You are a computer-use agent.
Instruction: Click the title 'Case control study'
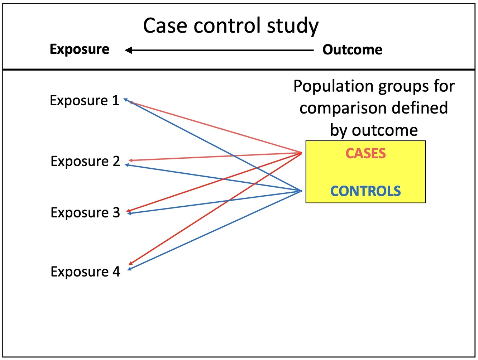[x=230, y=26]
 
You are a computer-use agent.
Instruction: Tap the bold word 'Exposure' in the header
[x=80, y=49]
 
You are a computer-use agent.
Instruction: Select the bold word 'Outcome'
[x=352, y=49]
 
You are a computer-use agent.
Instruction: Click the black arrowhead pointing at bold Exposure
[x=128, y=51]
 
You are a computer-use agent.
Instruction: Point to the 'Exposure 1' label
[x=85, y=101]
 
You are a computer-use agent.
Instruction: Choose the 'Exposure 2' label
[x=85, y=162]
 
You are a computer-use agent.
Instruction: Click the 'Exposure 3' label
[x=85, y=213]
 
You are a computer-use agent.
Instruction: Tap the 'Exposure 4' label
[x=85, y=272]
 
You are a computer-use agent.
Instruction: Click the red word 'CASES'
[x=365, y=154]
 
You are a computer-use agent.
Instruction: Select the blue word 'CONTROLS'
[x=365, y=191]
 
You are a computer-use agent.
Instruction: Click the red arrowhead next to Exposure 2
[x=131, y=160]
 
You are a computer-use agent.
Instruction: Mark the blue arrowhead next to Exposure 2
[x=127, y=165]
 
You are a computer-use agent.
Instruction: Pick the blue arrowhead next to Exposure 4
[x=129, y=269]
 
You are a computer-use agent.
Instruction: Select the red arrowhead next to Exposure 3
[x=129, y=211]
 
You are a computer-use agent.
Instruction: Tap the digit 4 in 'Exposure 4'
[x=116, y=272]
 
